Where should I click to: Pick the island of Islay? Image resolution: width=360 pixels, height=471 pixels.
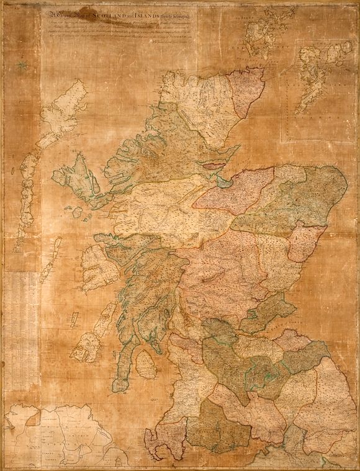(87, 346)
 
